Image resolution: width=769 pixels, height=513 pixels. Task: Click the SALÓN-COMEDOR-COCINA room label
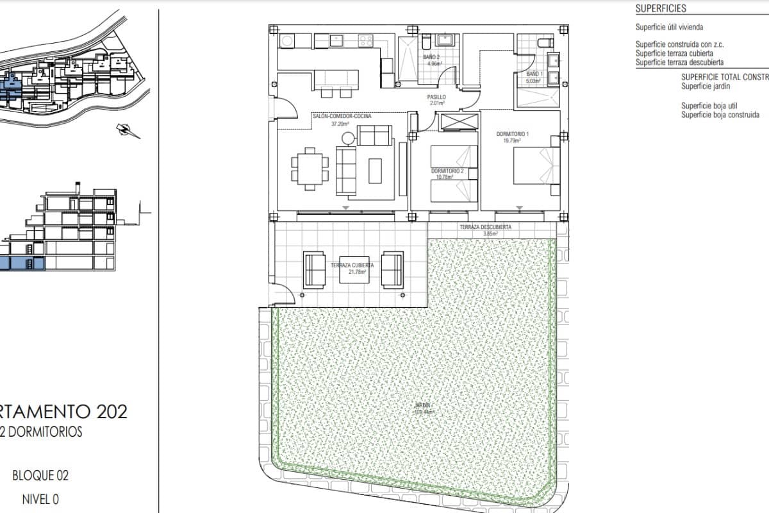(x=342, y=117)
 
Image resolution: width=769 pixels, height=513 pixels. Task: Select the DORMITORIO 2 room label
(x=447, y=171)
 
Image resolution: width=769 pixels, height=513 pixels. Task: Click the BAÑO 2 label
(x=432, y=58)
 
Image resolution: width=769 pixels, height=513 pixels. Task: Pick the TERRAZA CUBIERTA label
(x=352, y=265)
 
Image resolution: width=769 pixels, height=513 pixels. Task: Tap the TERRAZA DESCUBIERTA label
(x=484, y=228)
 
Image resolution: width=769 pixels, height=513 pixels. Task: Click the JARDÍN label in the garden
(x=421, y=406)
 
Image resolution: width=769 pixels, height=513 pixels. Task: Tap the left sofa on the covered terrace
(x=313, y=269)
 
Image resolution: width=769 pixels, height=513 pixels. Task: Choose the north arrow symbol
(x=127, y=130)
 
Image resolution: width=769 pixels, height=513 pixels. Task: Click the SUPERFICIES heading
(x=660, y=9)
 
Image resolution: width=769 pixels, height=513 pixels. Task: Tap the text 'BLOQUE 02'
(x=40, y=476)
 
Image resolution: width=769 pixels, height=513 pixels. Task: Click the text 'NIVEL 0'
(x=40, y=499)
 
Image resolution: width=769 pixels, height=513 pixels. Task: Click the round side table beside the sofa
(x=347, y=137)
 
